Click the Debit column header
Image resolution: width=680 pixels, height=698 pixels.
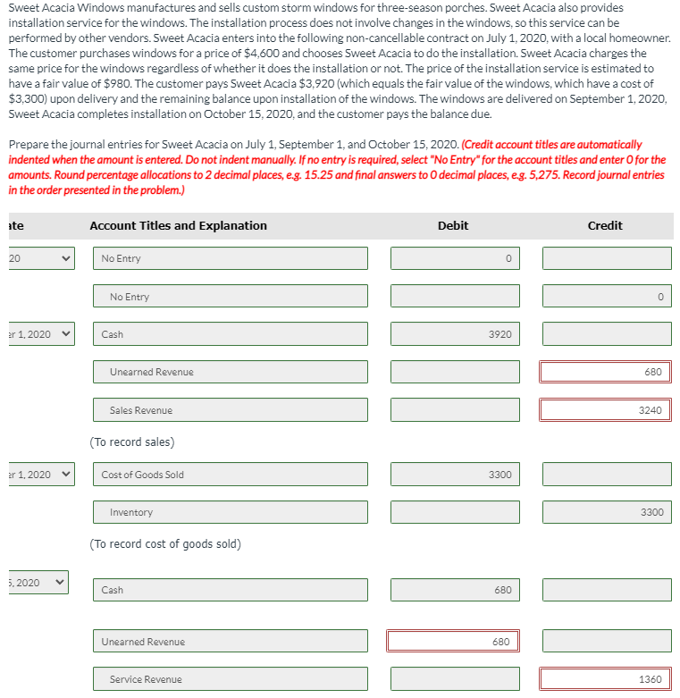coord(453,225)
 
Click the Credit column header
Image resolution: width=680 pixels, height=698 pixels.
coord(605,225)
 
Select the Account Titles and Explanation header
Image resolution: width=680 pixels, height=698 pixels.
coord(178,225)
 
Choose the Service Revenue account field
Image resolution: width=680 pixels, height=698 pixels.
coord(231,679)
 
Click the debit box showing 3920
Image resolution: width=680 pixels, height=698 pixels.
coord(455,334)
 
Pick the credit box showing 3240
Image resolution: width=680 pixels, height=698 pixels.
coord(606,410)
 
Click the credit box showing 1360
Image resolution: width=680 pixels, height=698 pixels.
coord(606,679)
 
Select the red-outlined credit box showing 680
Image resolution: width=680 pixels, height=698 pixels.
coord(606,372)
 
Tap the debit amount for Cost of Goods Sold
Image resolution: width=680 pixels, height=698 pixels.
coord(455,475)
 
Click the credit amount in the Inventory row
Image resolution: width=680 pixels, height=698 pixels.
coord(606,512)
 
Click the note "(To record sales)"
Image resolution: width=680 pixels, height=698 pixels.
coord(132,442)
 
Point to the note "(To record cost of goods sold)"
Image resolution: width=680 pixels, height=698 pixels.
coord(165,544)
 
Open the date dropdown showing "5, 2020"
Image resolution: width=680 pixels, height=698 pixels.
coord(35,583)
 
